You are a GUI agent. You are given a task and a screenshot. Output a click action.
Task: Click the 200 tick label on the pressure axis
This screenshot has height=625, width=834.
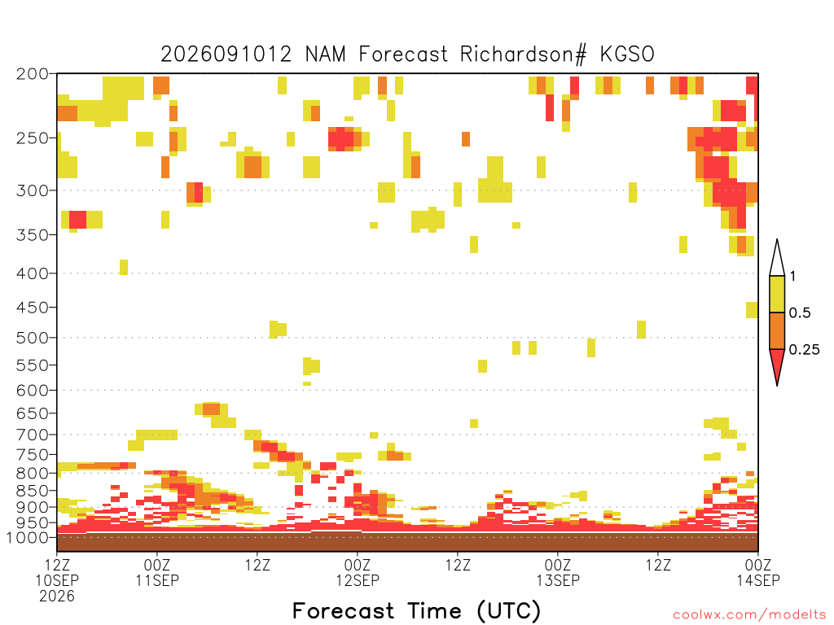[33, 74]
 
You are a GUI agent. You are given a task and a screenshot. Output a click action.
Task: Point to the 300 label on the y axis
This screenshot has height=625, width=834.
[33, 190]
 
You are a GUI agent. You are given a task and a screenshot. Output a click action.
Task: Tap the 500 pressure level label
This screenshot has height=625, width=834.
[33, 338]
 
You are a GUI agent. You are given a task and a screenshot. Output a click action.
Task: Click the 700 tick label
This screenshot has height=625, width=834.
[33, 435]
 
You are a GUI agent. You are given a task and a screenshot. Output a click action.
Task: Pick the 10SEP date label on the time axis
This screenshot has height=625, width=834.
[57, 580]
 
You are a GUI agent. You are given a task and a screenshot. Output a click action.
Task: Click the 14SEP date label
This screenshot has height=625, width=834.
[758, 580]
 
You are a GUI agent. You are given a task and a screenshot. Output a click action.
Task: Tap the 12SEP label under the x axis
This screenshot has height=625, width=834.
[358, 580]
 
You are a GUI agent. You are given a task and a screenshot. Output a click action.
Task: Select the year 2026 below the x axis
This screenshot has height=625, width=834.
[57, 597]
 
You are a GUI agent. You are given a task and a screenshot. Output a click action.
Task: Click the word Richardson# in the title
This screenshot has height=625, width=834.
[524, 55]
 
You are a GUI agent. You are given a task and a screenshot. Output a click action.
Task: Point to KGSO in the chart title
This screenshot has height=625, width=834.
[627, 55]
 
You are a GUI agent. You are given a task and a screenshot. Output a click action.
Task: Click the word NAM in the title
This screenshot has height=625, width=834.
[326, 55]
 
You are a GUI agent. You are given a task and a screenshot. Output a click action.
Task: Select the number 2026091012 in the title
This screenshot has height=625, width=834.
[226, 55]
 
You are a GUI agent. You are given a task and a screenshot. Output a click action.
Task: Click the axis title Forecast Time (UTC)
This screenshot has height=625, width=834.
[416, 611]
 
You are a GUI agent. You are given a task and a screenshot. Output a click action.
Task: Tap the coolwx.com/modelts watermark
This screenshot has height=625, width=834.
[749, 615]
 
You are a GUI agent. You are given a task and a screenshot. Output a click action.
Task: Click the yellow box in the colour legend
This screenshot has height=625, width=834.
[777, 294]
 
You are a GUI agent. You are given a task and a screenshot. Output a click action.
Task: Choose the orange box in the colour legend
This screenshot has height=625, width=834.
[777, 330]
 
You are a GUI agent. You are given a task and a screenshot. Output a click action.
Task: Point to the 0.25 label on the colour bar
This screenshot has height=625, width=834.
[804, 349]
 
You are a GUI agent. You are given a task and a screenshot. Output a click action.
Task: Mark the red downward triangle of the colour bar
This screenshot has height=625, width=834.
[777, 364]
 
